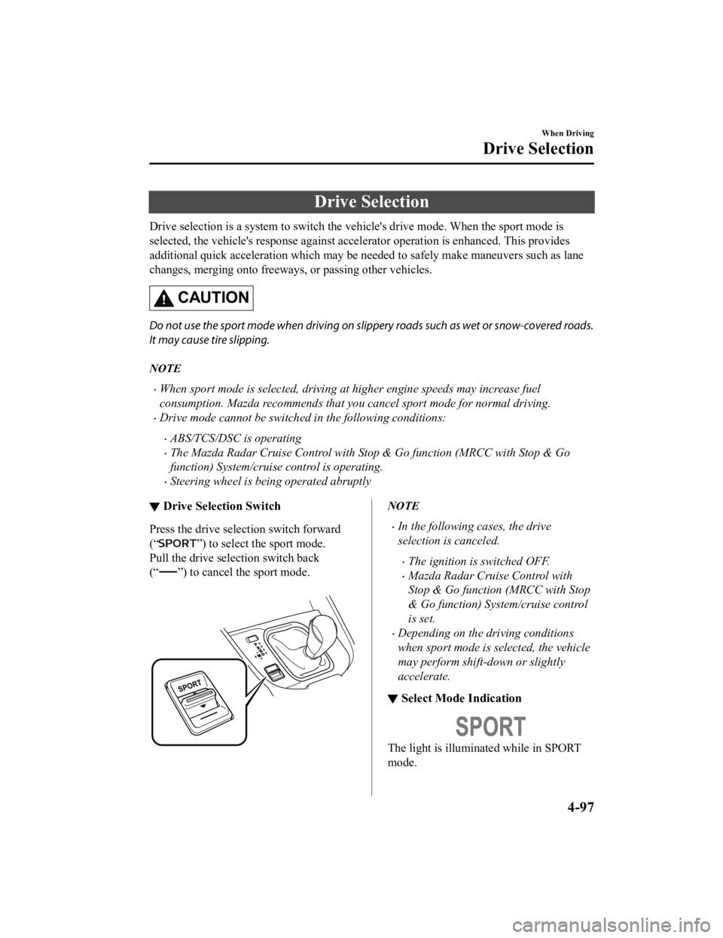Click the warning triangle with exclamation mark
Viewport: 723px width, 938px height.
pos(163,301)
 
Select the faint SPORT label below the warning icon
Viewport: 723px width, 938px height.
pos(178,542)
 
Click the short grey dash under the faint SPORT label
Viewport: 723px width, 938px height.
pos(168,572)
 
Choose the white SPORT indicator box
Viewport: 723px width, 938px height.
pos(490,727)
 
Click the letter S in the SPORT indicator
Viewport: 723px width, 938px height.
pos(464,727)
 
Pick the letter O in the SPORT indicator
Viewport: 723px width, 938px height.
pos(490,727)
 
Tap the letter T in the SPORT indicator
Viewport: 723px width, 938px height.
pos(517,727)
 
